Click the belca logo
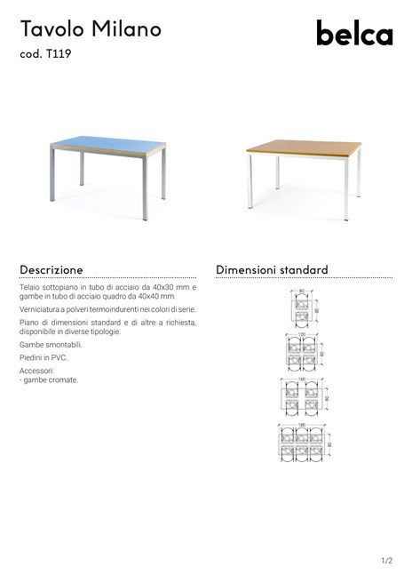tap(353, 35)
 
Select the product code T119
tap(58, 55)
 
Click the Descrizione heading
tap(51, 269)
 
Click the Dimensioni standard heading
tap(272, 269)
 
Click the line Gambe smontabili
tap(51, 343)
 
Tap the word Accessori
tap(37, 370)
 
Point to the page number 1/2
tap(386, 561)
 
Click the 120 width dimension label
tap(301, 335)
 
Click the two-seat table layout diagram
tap(302, 309)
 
